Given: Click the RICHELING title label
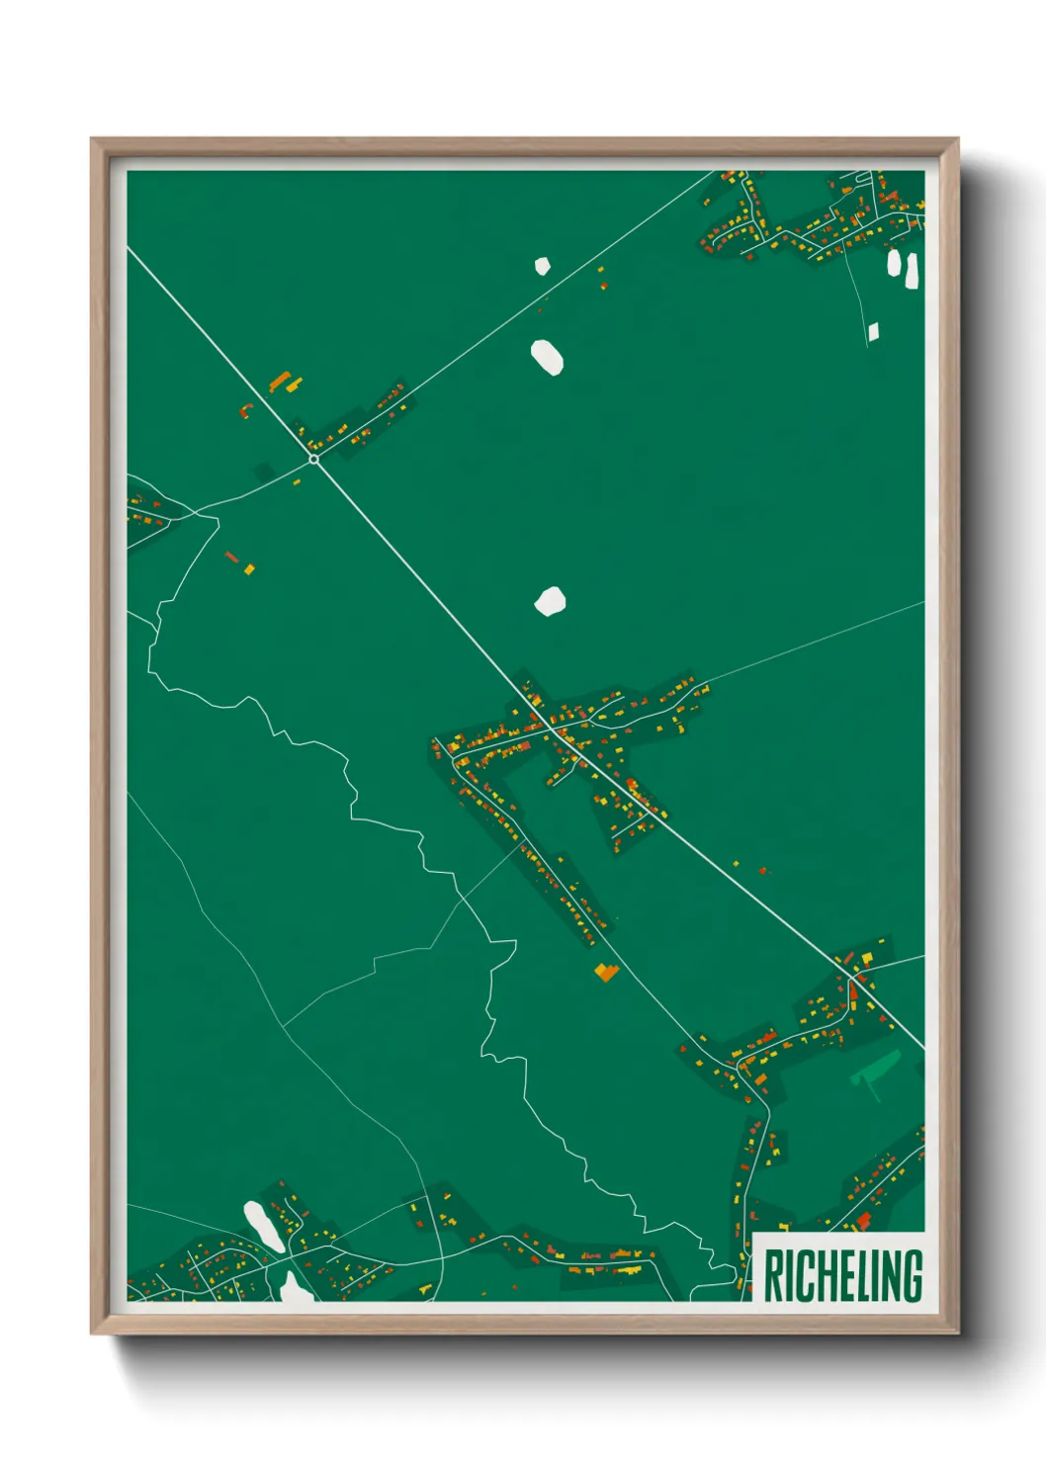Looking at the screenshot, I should (843, 1275).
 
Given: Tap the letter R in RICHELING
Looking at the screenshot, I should (773, 1276).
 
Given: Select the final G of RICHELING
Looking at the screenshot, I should (912, 1276).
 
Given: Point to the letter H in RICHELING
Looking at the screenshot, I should (817, 1276).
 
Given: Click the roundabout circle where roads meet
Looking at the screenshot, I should (313, 459).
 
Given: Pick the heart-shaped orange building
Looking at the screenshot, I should (606, 973).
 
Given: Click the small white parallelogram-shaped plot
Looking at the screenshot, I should (873, 332).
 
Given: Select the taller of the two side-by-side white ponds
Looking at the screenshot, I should (912, 271).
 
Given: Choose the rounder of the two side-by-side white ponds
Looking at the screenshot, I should (895, 263).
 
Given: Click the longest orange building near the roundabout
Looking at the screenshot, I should (280, 382).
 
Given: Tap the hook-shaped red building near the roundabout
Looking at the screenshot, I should (245, 408).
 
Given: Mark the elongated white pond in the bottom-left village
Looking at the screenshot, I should (262, 1226).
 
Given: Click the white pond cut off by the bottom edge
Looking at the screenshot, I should (294, 1288).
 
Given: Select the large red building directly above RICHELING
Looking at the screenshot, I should (863, 1222).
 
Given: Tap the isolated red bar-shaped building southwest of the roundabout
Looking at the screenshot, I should (231, 557).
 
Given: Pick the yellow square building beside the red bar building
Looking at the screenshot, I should (249, 568).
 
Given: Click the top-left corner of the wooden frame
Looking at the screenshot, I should (94, 141).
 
